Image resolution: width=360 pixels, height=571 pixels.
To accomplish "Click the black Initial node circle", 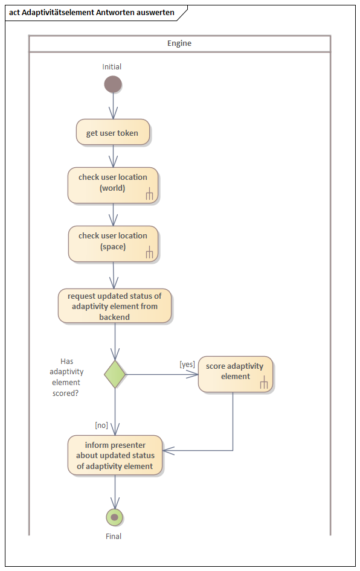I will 113,84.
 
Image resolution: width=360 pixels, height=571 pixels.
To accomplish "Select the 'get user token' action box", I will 112,133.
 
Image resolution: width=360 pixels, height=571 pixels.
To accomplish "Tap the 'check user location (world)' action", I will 112,184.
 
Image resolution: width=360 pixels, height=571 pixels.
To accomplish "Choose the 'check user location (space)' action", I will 112,243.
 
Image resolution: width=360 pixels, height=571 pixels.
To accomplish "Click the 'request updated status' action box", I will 115,306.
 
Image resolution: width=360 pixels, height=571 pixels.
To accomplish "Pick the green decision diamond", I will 115,374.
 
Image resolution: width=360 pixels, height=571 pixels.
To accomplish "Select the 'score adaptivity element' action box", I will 235,374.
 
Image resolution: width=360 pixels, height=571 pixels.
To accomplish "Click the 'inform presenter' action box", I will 115,456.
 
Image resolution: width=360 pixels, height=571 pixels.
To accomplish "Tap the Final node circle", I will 114,517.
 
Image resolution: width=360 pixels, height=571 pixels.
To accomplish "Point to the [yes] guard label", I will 187,364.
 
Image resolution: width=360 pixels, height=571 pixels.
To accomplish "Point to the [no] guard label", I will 101,425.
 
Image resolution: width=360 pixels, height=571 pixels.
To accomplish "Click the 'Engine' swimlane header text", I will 179,43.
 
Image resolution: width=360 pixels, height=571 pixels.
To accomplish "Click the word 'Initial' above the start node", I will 112,66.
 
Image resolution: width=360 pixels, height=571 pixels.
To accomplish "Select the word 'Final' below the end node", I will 114,536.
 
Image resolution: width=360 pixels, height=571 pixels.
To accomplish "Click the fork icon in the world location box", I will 149,194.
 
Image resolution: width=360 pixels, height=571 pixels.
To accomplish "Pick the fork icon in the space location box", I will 149,253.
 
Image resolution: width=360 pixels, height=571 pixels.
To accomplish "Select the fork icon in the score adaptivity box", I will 263,383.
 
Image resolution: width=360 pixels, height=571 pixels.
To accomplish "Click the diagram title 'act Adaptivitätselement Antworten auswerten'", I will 92,12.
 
